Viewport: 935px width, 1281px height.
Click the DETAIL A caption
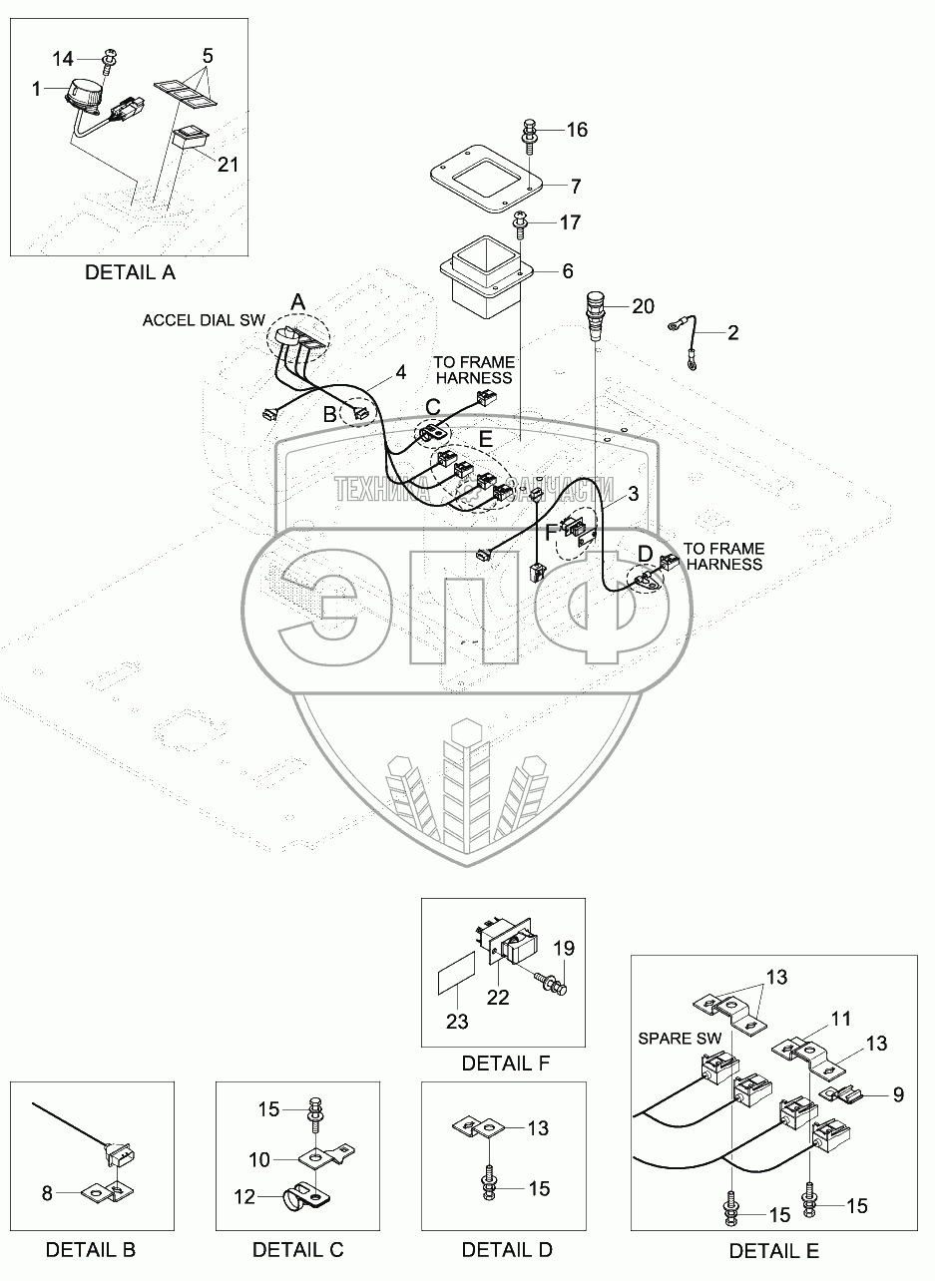pyautogui.click(x=130, y=271)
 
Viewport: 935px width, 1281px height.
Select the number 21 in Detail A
pyautogui.click(x=228, y=165)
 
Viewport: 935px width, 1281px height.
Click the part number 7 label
pyautogui.click(x=576, y=186)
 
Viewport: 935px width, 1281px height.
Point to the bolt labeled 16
pyautogui.click(x=529, y=134)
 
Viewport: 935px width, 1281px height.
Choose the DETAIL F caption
pyautogui.click(x=506, y=1064)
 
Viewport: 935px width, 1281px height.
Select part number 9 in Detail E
pyautogui.click(x=897, y=1094)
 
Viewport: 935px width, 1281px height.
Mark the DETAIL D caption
pyautogui.click(x=507, y=1250)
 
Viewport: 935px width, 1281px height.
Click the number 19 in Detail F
pyautogui.click(x=565, y=948)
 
